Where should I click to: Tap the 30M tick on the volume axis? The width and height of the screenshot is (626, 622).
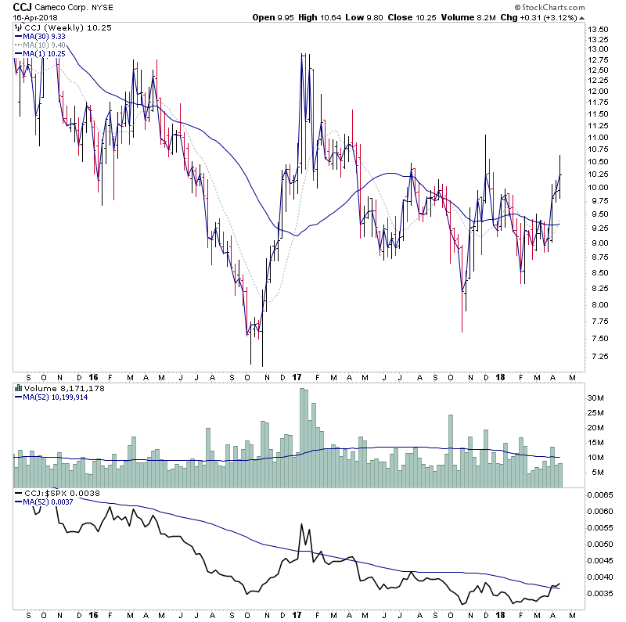[596, 397]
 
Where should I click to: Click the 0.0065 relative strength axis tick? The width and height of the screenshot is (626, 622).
[601, 495]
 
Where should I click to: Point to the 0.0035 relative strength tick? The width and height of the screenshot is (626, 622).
[601, 594]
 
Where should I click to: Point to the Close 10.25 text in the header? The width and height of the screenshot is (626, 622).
[430, 16]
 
